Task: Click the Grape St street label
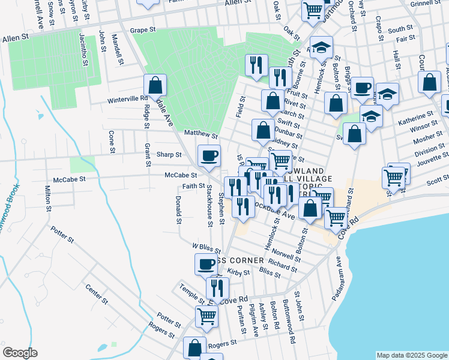tap(142, 29)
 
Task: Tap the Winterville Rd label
tap(127, 99)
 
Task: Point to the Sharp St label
tap(169, 154)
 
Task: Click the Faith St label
tap(194, 186)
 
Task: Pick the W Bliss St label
tap(203, 247)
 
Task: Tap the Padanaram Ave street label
tap(338, 278)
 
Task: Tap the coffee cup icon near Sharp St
tap(209, 156)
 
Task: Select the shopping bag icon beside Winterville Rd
tap(155, 86)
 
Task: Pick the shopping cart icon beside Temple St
tap(206, 315)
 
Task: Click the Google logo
tap(20, 353)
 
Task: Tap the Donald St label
tap(179, 209)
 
